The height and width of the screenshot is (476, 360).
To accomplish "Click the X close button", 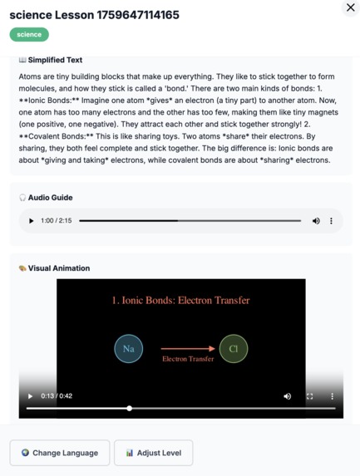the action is coord(350,7).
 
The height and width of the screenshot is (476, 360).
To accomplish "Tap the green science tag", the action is coord(29,34).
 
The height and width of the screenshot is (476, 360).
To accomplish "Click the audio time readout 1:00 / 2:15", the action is coord(57,221).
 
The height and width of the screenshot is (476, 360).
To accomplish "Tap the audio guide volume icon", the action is coord(316,221).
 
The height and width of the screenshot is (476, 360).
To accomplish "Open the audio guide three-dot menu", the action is coord(331,221).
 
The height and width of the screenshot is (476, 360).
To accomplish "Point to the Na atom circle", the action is coord(128,349).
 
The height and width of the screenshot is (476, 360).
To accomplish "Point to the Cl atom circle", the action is coord(234,349).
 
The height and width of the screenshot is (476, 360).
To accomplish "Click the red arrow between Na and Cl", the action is coord(188,349).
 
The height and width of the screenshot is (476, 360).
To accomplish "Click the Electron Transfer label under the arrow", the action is coord(188,359).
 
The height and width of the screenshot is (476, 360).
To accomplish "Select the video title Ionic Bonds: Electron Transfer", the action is coord(180,300).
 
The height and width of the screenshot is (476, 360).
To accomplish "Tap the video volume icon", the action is coord(288,396).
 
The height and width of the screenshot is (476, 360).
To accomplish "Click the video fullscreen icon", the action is coord(310,396).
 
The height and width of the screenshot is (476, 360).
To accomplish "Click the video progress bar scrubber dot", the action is coord(130,408).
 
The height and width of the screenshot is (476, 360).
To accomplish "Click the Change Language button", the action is coord(60,453).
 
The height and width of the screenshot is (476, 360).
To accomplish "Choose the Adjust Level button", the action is coord(154,453).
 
